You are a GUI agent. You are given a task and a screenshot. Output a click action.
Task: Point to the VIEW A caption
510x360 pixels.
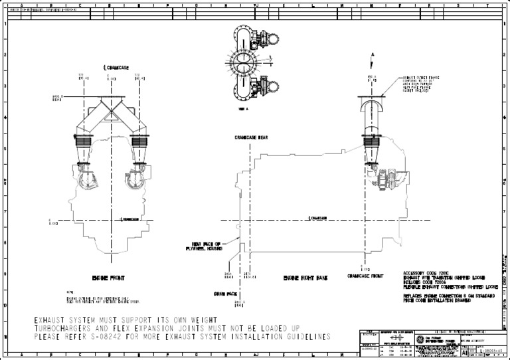click(243, 108)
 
